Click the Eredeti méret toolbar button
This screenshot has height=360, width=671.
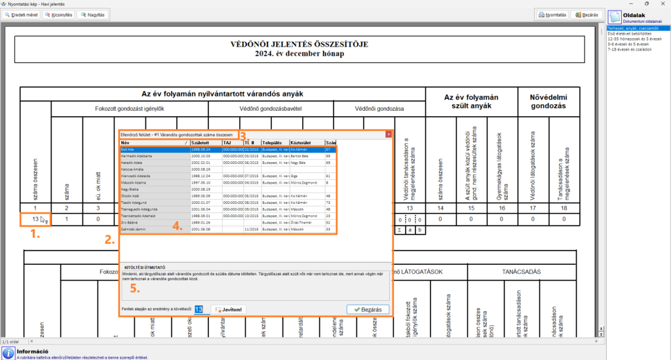[x=21, y=14]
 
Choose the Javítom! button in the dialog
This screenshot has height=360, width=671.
[x=230, y=310]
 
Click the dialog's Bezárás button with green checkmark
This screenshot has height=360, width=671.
[x=368, y=310]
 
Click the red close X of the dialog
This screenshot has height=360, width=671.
[x=388, y=134]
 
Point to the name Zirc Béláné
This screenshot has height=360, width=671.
[x=132, y=223]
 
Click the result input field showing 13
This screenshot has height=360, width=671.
[x=202, y=310]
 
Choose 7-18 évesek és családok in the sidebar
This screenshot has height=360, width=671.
[x=630, y=49]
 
